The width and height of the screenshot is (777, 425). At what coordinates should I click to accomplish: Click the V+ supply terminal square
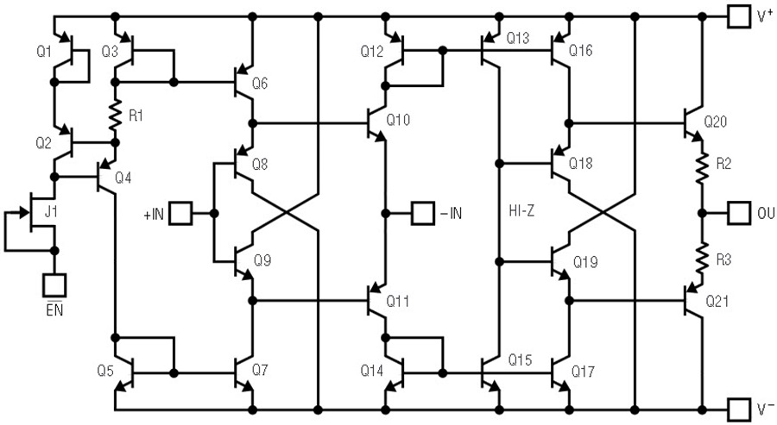coord(739,17)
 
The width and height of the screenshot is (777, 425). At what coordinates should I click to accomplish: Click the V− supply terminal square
coord(739,409)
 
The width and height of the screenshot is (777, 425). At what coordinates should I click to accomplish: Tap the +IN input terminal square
coord(180,213)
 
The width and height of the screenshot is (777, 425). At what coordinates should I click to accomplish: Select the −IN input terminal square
coord(423,213)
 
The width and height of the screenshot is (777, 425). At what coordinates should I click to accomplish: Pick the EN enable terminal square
coord(54,285)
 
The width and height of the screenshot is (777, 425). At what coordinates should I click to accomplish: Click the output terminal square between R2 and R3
coord(739,213)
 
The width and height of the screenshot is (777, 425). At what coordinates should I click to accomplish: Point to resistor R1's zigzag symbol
coord(115,116)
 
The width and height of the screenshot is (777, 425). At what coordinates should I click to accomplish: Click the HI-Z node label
coord(521,211)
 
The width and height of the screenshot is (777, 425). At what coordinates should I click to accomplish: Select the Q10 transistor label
coord(398,120)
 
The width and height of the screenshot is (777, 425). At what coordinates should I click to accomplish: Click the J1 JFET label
coord(51,212)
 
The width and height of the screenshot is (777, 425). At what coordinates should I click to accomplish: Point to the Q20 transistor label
coord(715,122)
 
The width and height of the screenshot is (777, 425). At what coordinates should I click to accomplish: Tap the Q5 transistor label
coord(105,371)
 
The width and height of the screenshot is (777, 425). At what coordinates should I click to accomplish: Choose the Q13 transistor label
coord(518,38)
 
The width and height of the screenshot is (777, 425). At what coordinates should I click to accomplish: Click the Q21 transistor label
coord(717,301)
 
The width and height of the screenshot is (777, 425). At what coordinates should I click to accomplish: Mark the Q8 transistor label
coord(260,164)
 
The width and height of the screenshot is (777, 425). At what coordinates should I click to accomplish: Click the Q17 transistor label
coord(583,371)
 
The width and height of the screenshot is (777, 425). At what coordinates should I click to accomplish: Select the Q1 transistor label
coord(44,51)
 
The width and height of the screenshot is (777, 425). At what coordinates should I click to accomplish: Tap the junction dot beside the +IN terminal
coord(214,213)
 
